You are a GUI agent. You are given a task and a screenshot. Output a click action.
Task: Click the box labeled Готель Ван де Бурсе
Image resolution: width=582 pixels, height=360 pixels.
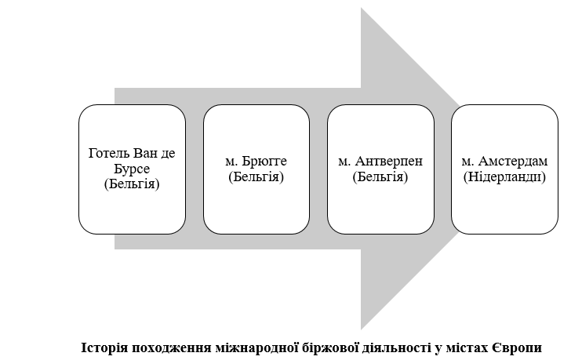pos(132,169)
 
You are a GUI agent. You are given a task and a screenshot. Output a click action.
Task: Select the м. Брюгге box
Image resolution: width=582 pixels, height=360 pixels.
pos(256,169)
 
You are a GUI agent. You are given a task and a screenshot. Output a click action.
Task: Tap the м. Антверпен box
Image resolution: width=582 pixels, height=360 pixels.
pos(380,169)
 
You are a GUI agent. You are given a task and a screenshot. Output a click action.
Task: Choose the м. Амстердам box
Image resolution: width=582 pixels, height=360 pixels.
pos(504,169)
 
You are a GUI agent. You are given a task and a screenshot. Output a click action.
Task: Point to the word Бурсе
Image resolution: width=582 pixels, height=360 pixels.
pos(132,169)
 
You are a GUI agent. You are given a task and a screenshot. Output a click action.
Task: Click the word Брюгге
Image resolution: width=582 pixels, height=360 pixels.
pos(264,161)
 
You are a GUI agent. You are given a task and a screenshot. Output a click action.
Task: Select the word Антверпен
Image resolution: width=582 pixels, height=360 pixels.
pos(388,161)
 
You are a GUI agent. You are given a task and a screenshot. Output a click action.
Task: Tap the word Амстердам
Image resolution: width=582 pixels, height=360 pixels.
pos(513,161)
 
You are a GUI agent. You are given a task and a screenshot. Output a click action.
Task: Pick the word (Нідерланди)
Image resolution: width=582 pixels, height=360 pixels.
pos(504,176)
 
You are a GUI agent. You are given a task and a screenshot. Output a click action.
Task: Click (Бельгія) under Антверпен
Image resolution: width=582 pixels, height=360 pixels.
pos(380,176)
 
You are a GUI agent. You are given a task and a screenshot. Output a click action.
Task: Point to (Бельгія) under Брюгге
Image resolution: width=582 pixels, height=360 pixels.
pos(256,176)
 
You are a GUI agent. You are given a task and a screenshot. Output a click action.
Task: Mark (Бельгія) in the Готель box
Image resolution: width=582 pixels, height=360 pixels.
pos(132,184)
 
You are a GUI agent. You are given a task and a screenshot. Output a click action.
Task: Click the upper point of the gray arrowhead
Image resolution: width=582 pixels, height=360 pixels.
pos(361,8)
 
